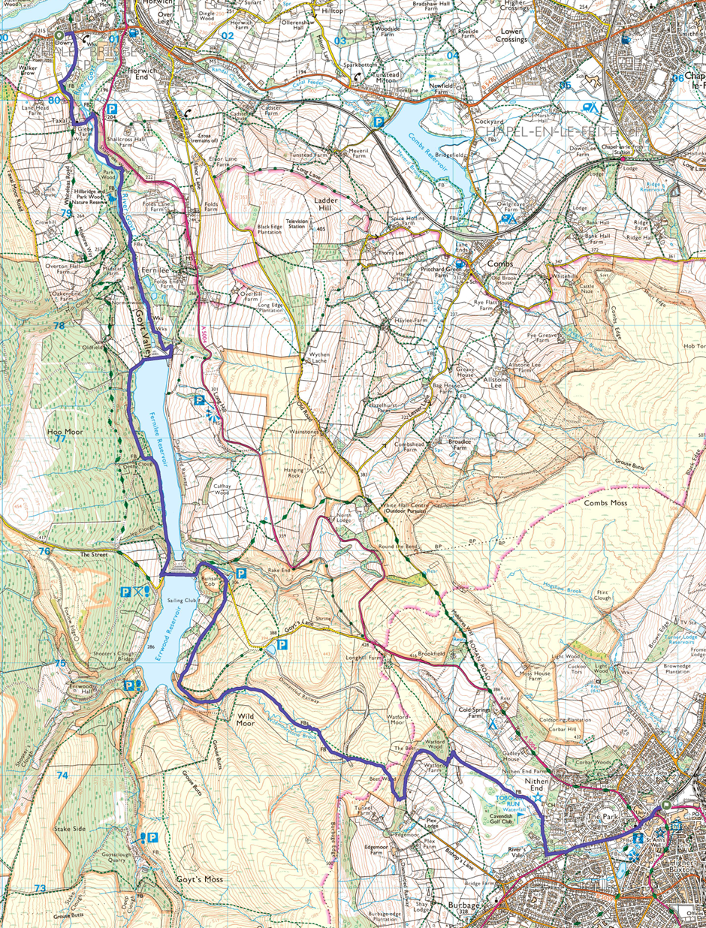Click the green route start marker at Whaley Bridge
click(59, 35)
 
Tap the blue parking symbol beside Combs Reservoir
click(380, 120)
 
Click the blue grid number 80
click(53, 99)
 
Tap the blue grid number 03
click(340, 41)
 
